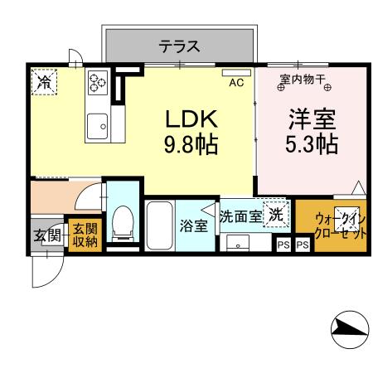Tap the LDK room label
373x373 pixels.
tap(190, 119)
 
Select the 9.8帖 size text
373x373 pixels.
tap(190, 146)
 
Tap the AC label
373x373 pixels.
tap(236, 82)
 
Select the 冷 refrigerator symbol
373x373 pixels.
tap(43, 81)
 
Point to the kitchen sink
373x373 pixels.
tap(98, 125)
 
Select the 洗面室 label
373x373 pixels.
tap(240, 215)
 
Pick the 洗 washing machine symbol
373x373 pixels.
tap(274, 212)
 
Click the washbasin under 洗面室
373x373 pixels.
tap(239, 244)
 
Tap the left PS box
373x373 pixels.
tap(283, 245)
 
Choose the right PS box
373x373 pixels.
tap(302, 245)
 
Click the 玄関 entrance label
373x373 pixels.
tap(46, 235)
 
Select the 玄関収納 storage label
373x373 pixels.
tap(83, 235)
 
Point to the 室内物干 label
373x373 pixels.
tap(302, 79)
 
